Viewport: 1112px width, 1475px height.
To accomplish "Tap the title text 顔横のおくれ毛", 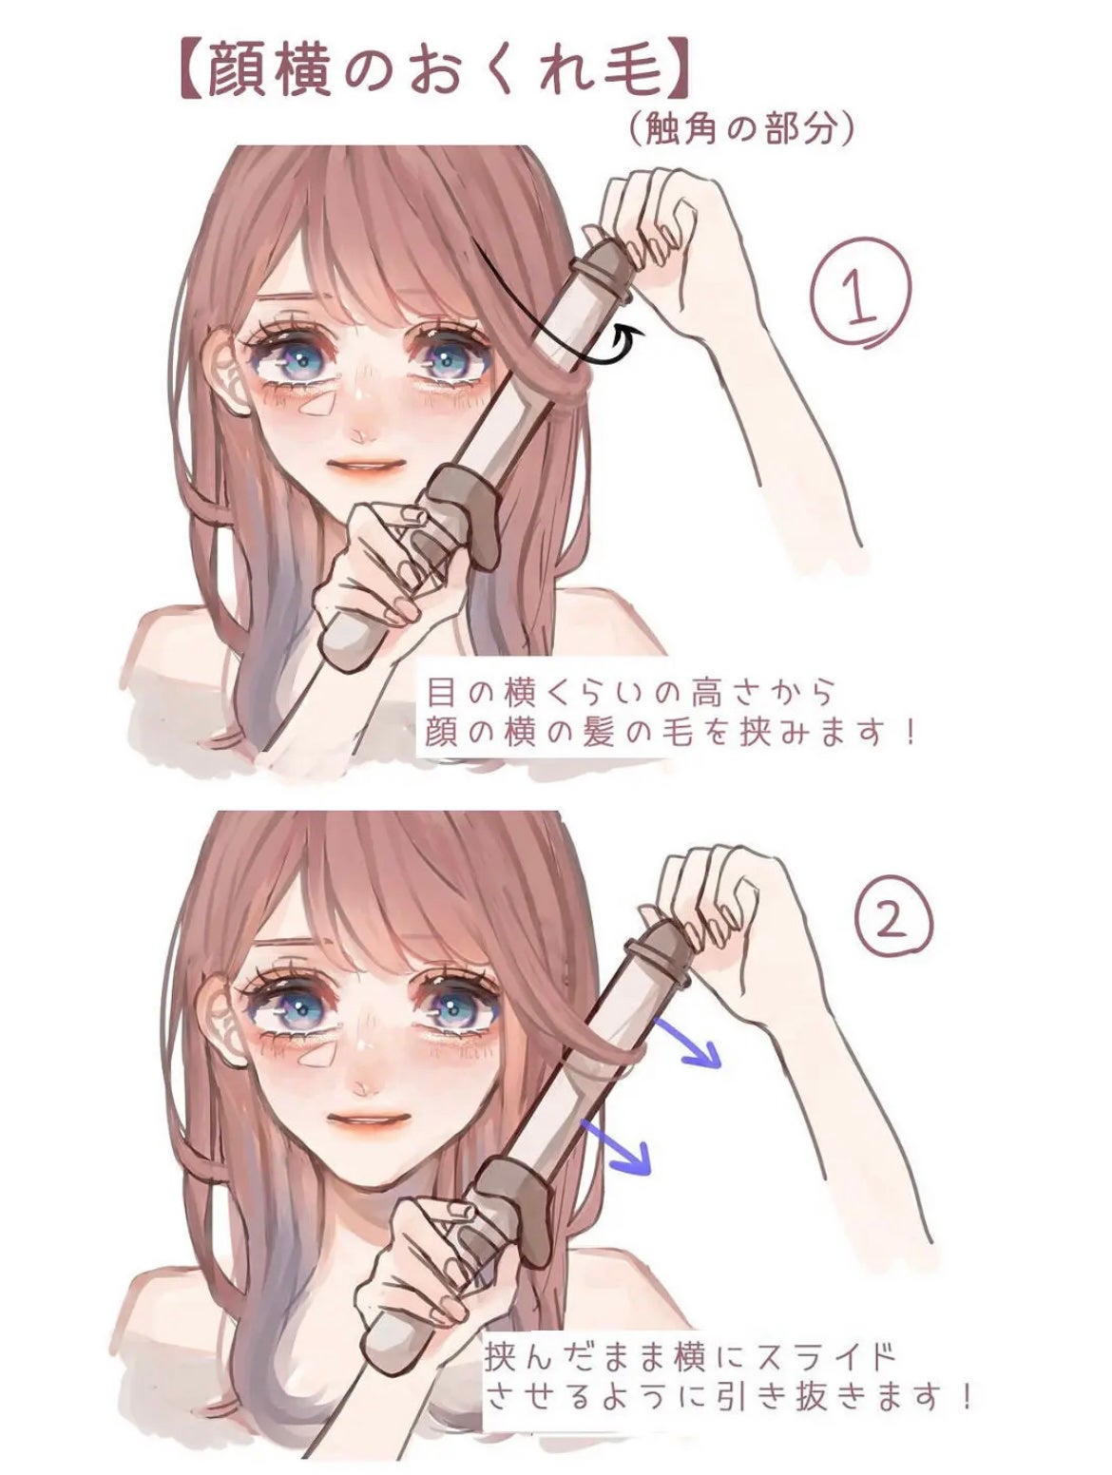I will tap(429, 70).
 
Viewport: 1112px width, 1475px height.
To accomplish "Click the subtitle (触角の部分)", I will tap(740, 129).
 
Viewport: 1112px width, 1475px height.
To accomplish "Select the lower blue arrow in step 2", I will tap(617, 1145).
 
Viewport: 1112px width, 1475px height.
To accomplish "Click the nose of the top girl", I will tap(359, 434).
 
